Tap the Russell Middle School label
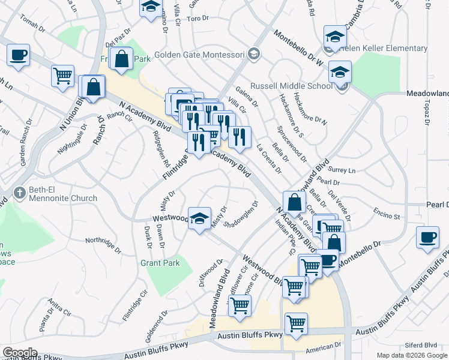[x=291, y=85]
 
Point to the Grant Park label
[x=160, y=263]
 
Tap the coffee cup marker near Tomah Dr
[x=18, y=56]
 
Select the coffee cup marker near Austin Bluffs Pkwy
[x=427, y=237]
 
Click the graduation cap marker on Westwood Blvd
[x=199, y=218]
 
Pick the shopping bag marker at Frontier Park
[x=122, y=59]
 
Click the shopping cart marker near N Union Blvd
[x=62, y=76]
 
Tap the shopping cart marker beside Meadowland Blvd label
[x=240, y=305]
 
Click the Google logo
[x=20, y=353]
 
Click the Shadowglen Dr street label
[x=243, y=214]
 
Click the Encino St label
[x=386, y=214]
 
